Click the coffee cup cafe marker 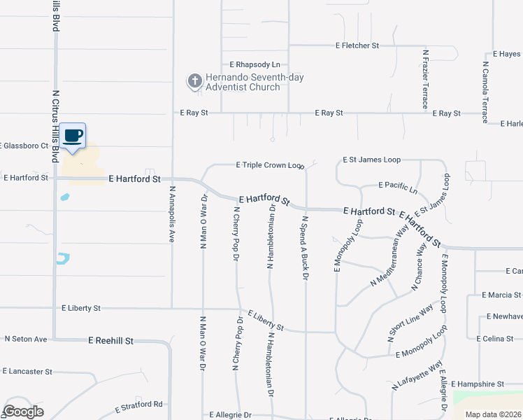pyautogui.click(x=73, y=136)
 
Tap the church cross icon pyautogui.click(x=194, y=81)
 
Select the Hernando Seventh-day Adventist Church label pyautogui.click(x=255, y=82)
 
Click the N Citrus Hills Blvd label pyautogui.click(x=55, y=126)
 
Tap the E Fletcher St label pyautogui.click(x=357, y=45)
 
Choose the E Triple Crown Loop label pyautogui.click(x=270, y=165)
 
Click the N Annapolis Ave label pyautogui.click(x=171, y=213)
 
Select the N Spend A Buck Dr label pyautogui.click(x=306, y=248)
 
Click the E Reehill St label pyautogui.click(x=110, y=339)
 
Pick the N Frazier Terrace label pyautogui.click(x=425, y=78)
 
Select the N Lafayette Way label pyautogui.click(x=417, y=375)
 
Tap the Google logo pyautogui.click(x=23, y=411)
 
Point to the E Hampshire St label pyautogui.click(x=478, y=384)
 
